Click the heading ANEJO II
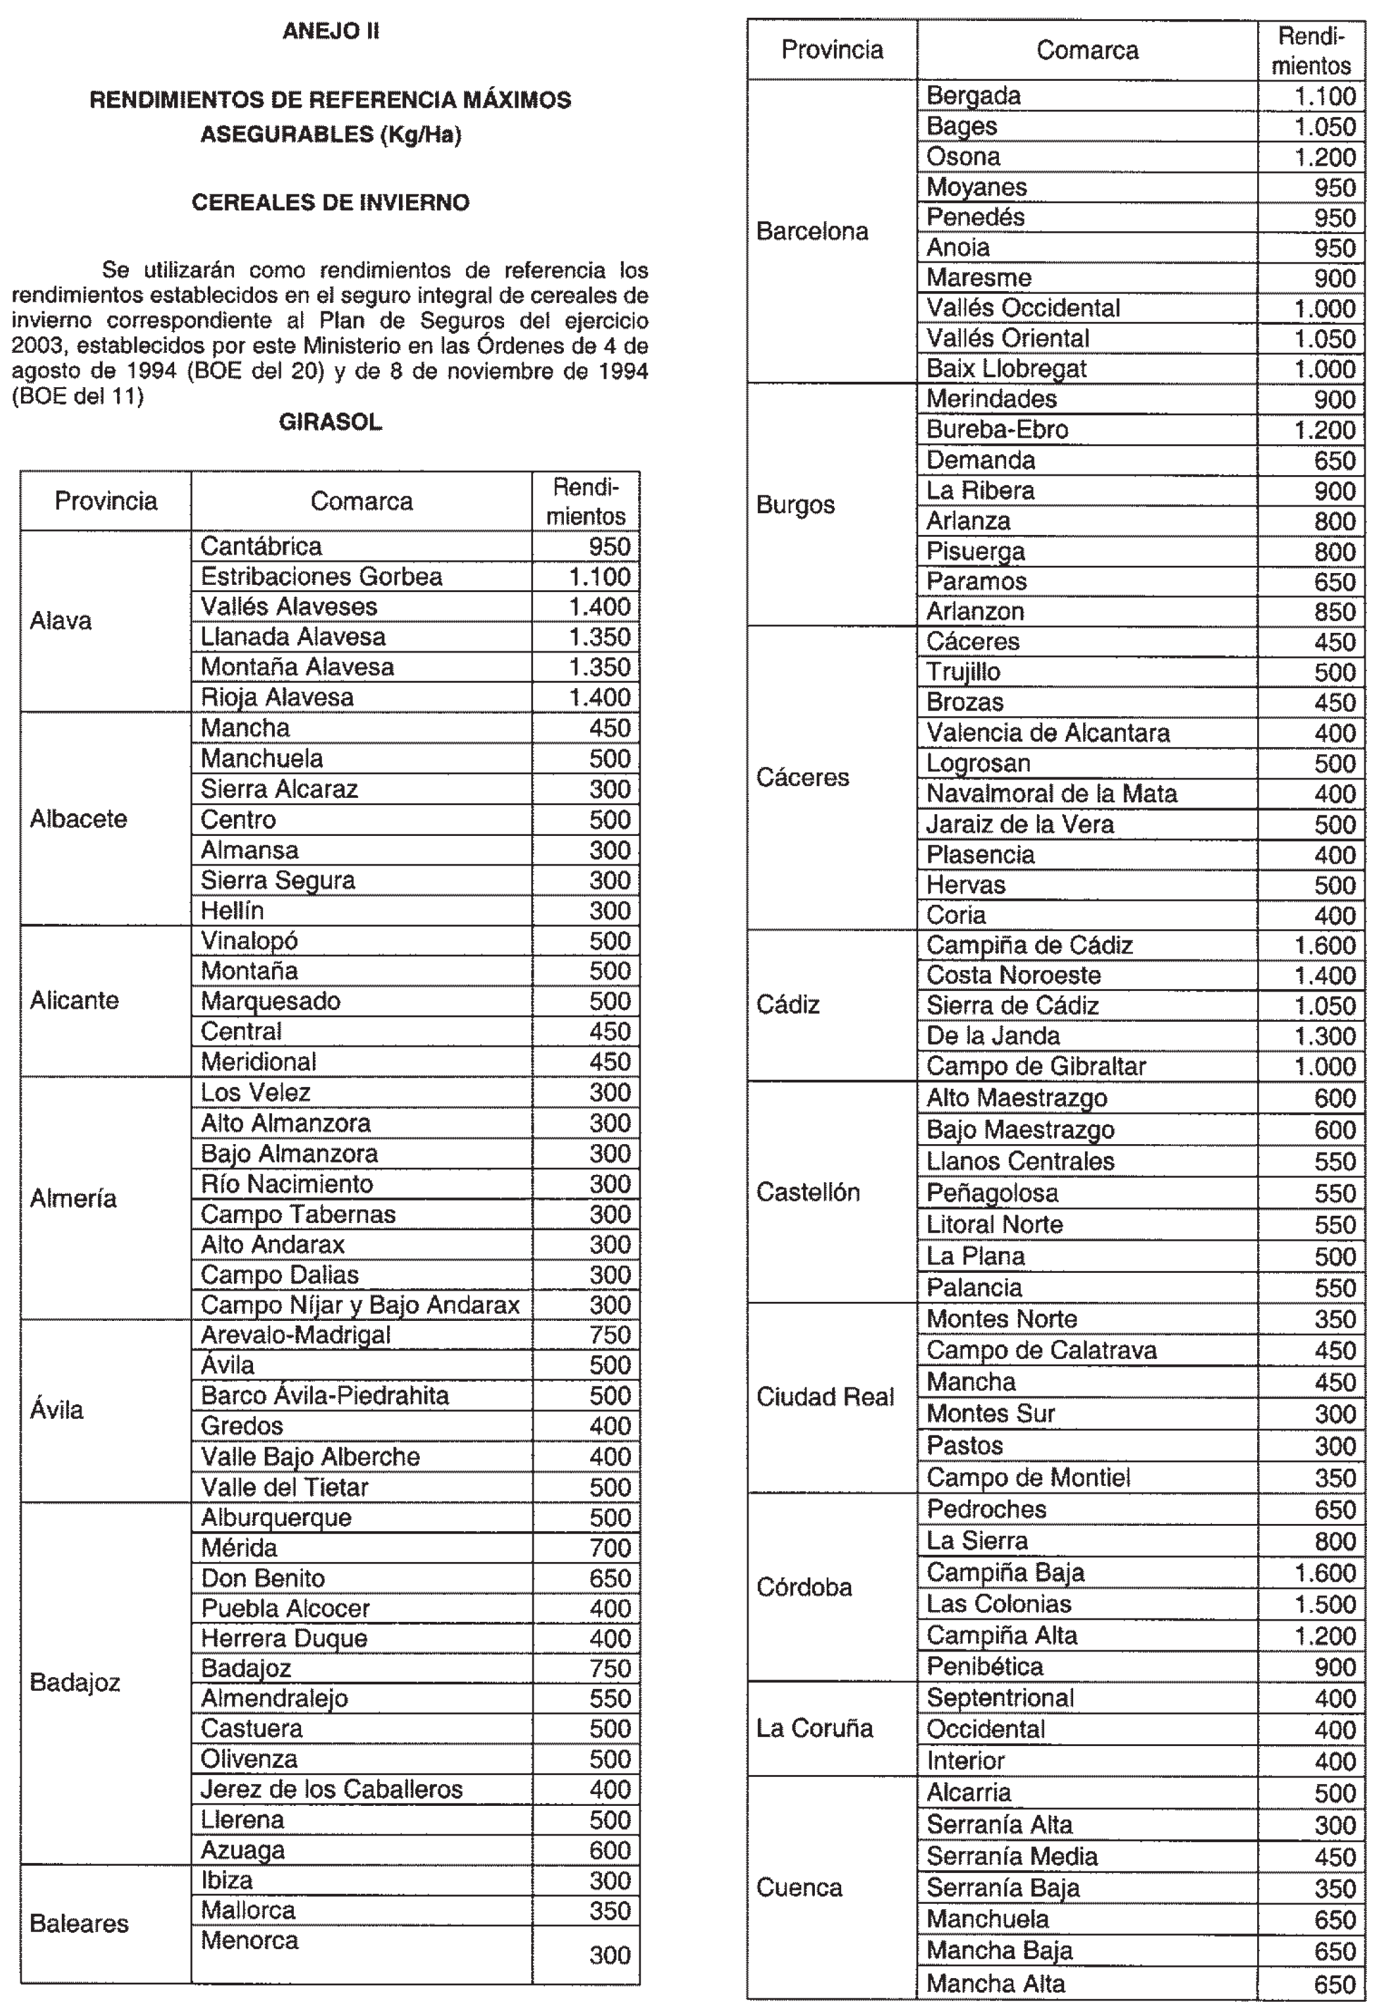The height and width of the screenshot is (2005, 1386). (x=330, y=32)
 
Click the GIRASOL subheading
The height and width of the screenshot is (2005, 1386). (x=330, y=423)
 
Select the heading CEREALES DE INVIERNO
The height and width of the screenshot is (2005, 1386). (x=330, y=203)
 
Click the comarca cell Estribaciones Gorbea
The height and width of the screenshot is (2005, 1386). (x=321, y=576)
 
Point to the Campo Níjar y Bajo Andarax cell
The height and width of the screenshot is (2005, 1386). (x=359, y=1305)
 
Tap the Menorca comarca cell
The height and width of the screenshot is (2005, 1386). (x=250, y=1941)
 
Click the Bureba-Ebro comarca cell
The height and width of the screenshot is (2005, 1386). (x=997, y=430)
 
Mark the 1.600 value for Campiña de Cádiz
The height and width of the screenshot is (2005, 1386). (x=1324, y=946)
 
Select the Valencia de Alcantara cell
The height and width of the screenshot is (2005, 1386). (x=1048, y=733)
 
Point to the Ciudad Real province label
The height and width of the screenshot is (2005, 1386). (x=825, y=1397)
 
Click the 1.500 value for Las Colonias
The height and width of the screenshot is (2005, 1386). (x=1324, y=1605)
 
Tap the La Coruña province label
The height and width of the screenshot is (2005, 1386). (x=814, y=1728)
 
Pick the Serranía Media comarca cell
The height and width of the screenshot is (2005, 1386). (x=1011, y=1856)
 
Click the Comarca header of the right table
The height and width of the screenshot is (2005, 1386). (x=1086, y=51)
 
